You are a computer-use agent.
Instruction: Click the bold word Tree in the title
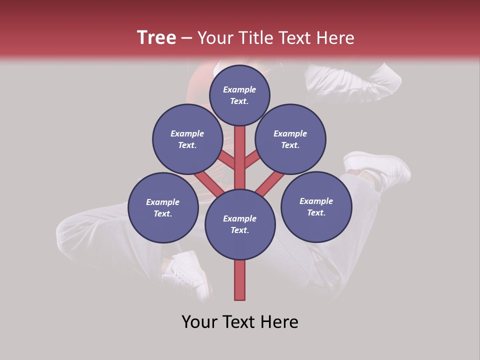point(156,38)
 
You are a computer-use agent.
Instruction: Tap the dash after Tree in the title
point(186,38)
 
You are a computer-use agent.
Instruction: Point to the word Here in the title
point(335,38)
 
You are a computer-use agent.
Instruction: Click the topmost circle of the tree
point(239,95)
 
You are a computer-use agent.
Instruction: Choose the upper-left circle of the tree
point(187,139)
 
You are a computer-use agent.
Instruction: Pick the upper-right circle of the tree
point(290,139)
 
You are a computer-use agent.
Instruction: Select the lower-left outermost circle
point(163,207)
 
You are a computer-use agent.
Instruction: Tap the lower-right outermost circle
point(316,206)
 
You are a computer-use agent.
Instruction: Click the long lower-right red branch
point(269,182)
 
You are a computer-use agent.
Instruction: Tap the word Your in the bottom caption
point(199,322)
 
